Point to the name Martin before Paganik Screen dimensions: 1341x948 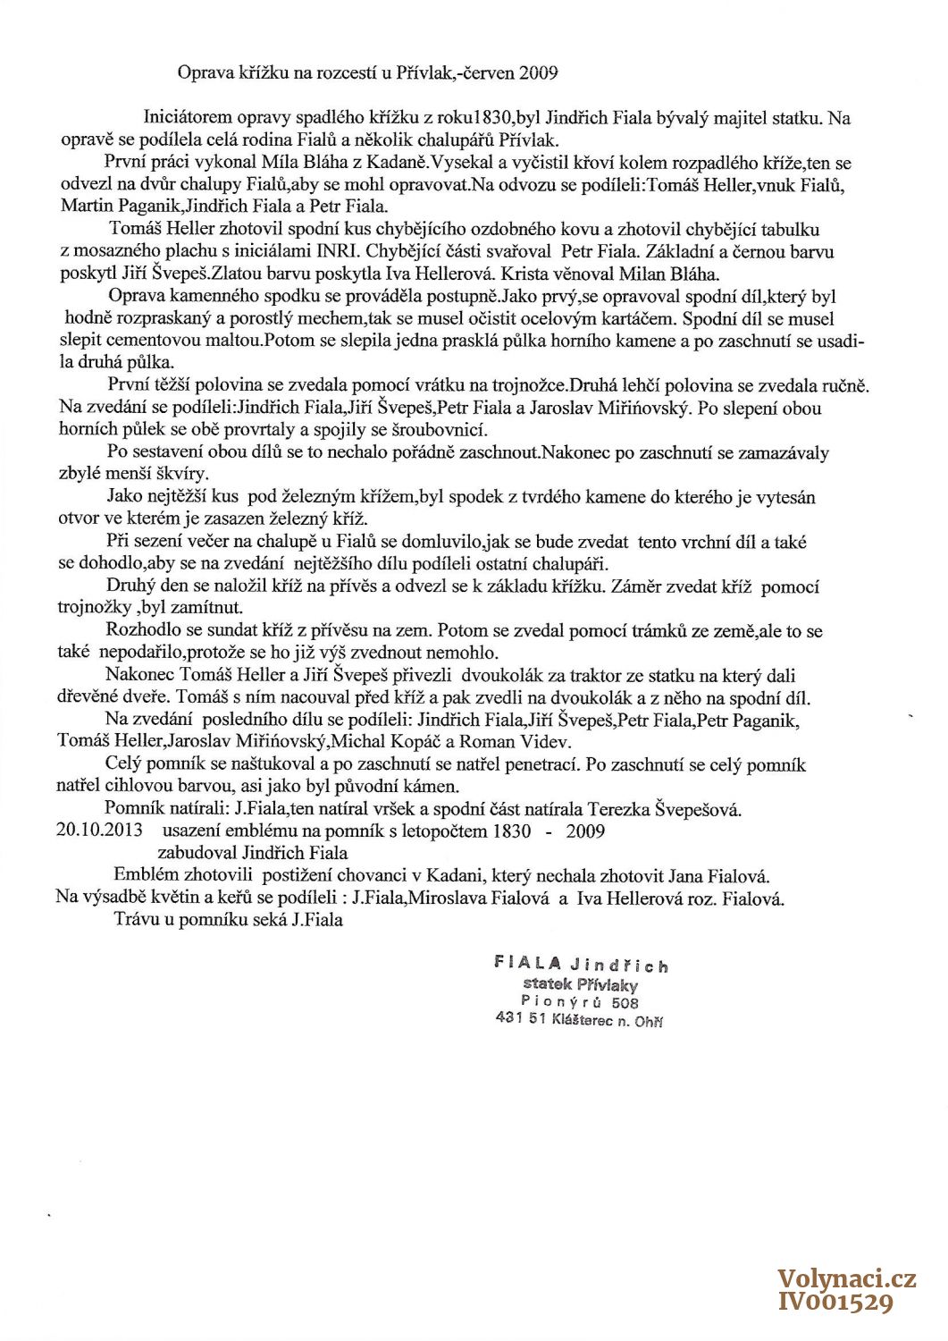click(88, 206)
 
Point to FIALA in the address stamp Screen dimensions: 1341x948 click(527, 964)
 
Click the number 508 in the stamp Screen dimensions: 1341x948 click(625, 1003)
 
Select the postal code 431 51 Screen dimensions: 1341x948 click(520, 1018)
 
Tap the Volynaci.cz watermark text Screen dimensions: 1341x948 click(847, 1279)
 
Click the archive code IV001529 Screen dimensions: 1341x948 click(836, 1303)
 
